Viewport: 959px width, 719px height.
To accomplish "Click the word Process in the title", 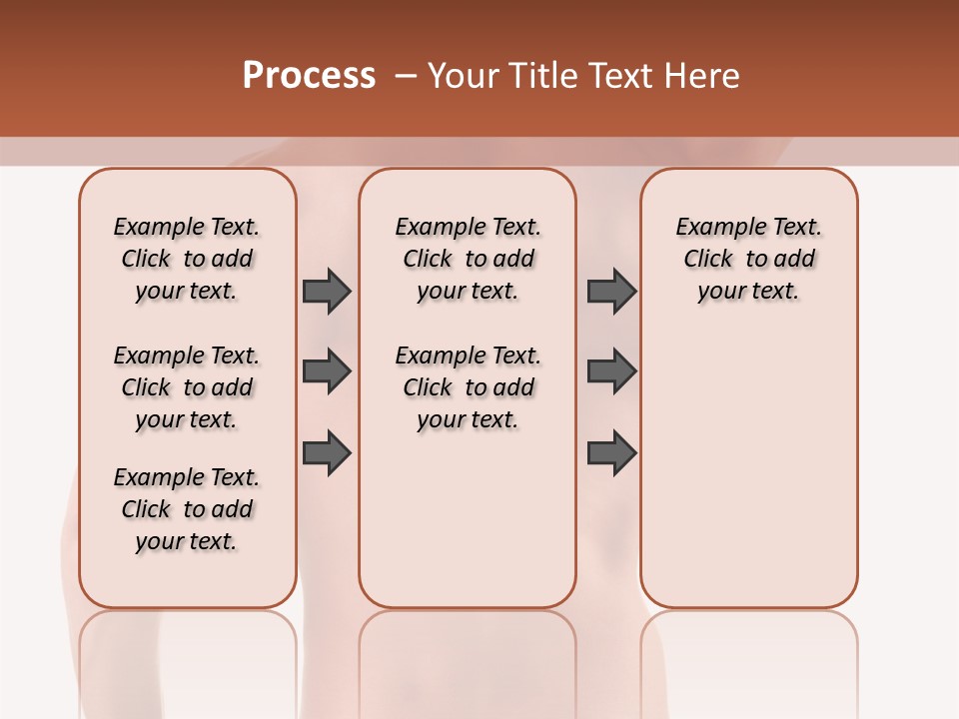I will click(309, 75).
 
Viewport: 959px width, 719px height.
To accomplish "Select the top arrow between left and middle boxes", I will click(327, 291).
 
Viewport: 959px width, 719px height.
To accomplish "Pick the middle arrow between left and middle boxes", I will click(327, 371).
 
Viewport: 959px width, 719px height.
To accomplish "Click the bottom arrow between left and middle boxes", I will click(327, 453).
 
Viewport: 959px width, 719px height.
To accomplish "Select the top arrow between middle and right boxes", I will click(611, 291).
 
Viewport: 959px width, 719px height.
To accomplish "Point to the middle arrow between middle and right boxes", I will click(611, 371).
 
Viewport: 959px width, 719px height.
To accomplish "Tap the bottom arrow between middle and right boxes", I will click(611, 453).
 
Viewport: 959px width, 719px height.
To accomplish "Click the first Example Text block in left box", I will click(187, 259).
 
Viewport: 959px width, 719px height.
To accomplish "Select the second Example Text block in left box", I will click(187, 387).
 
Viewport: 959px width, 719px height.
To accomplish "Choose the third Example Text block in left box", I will click(187, 509).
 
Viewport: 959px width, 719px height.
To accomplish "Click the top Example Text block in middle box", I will click(468, 259).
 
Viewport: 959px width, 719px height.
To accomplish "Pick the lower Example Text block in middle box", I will click(468, 387).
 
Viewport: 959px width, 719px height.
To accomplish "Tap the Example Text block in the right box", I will click(749, 259).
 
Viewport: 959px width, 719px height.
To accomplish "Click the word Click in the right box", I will click(708, 259).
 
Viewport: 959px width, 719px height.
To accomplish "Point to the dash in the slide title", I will click(406, 75).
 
